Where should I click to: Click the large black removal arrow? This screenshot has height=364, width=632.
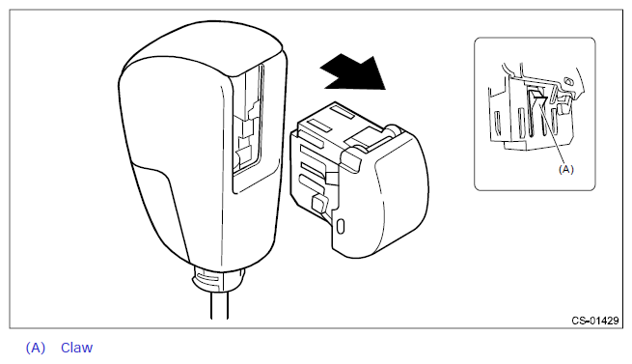354,72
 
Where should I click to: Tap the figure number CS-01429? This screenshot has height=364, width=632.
595,321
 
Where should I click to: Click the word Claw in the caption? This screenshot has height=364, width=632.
76,348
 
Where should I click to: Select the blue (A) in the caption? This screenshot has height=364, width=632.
36,348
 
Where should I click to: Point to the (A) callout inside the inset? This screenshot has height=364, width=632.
565,169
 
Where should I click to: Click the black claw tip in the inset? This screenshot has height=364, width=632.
537,96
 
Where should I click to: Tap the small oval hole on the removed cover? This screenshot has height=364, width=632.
341,226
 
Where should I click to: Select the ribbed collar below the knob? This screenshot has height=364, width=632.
219,278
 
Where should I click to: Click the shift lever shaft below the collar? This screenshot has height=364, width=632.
219,305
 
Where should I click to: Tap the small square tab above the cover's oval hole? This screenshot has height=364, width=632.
319,202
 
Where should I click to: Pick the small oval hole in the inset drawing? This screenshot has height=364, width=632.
569,82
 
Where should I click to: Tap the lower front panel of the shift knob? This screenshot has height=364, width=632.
161,210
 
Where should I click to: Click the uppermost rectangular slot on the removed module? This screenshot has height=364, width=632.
342,111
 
